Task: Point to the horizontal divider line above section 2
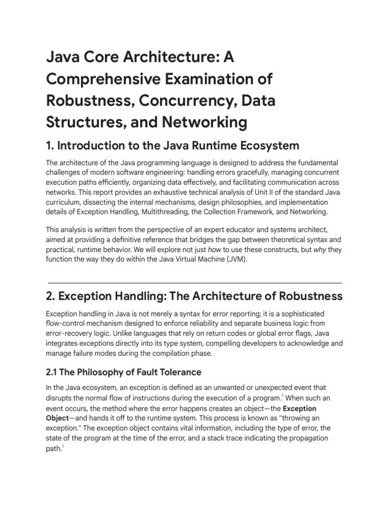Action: (194, 282)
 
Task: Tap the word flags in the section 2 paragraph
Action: (310, 333)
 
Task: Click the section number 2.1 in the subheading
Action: (53, 372)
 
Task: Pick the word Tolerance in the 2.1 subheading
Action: (175, 372)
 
